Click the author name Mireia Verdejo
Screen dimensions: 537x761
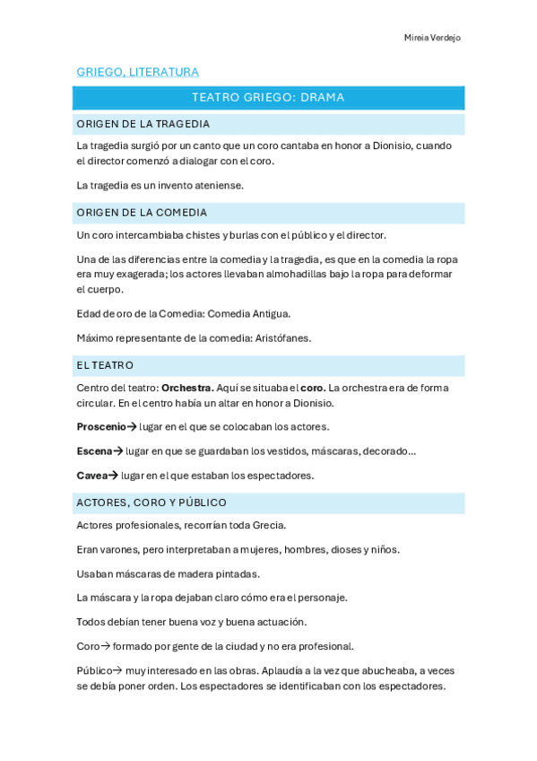pos(432,38)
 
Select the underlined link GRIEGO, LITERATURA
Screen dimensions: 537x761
pos(137,72)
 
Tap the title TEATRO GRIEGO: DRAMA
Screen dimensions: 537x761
pos(268,98)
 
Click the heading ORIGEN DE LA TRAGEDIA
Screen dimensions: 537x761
pos(143,124)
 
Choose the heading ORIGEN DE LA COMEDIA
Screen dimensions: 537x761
pos(142,213)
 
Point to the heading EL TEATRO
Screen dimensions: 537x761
pos(105,365)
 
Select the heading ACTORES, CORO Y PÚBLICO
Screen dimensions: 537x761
pos(152,503)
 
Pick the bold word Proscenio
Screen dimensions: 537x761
pos(101,426)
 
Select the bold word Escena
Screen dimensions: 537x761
pos(94,450)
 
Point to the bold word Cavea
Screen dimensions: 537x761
pos(91,475)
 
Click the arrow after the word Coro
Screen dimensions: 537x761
pos(106,646)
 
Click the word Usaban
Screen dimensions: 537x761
pos(95,573)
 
